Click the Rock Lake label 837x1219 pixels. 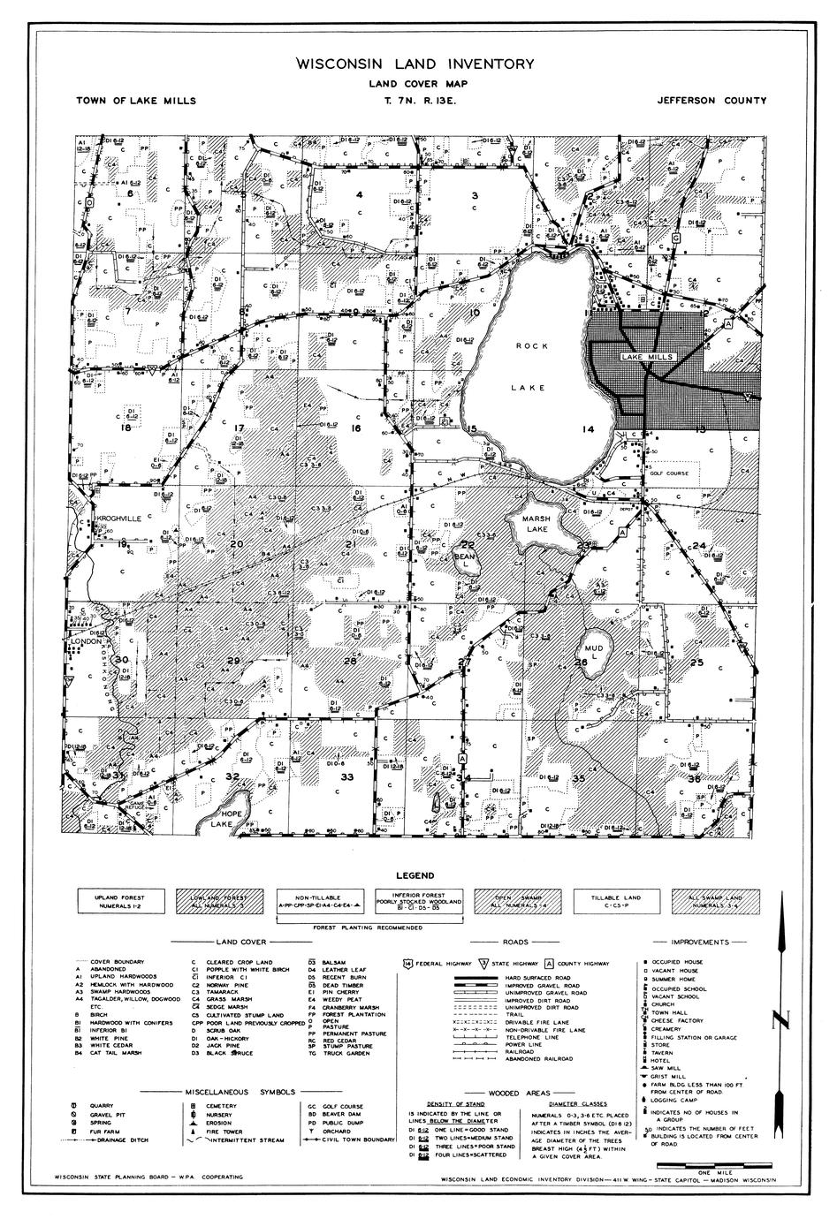(532, 367)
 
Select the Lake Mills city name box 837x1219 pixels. (647, 357)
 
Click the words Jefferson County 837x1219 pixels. (711, 101)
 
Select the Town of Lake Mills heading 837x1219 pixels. (136, 101)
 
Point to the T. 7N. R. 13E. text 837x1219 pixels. (418, 101)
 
